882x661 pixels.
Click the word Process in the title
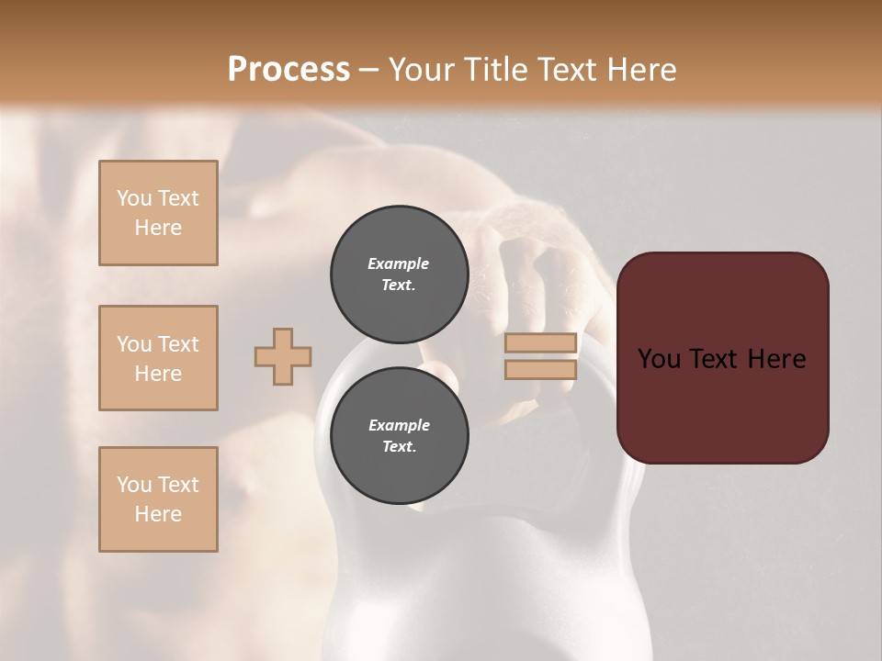pos(288,70)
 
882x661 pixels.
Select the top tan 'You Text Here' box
pos(158,213)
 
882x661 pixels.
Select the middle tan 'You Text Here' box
pos(158,358)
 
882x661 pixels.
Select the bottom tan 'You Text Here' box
pos(158,499)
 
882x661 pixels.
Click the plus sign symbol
pos(283,356)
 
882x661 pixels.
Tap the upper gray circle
pos(399,274)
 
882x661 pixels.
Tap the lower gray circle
pos(399,435)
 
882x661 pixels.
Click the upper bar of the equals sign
pos(541,342)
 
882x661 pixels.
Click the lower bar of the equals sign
pos(541,369)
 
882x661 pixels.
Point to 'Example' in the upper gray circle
pos(398,263)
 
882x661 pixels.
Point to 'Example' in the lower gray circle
pos(399,425)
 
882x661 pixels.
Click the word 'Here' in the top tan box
pos(158,228)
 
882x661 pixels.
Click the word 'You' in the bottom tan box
pos(134,485)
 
